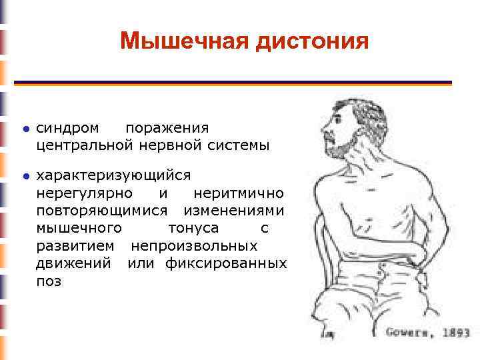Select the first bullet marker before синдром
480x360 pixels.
coord(25,128)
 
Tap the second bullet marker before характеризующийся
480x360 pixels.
coord(25,177)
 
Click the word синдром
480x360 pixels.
coord(69,127)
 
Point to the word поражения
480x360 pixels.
coord(167,127)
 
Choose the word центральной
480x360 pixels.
coord(85,144)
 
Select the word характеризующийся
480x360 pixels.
coord(113,176)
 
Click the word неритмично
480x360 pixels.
coord(238,193)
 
